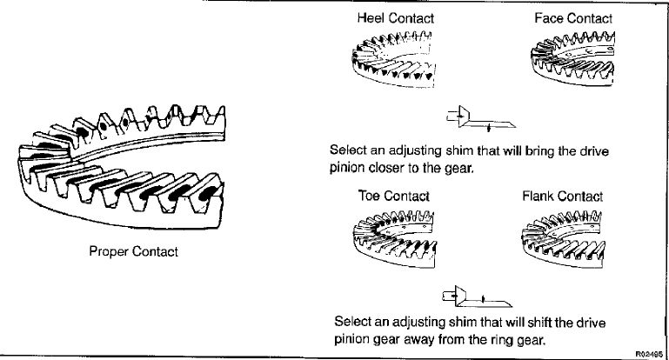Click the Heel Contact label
pos(395,18)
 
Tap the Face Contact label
pos(573,18)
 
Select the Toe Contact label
pos(394,197)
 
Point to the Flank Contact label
pos(563,197)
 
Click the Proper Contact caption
pos(134,253)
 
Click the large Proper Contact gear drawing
pos(122,165)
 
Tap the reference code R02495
pos(650,353)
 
